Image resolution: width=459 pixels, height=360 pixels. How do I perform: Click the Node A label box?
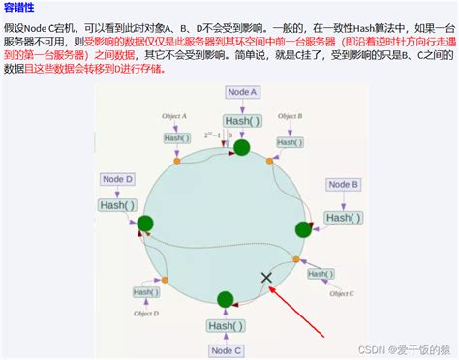243,91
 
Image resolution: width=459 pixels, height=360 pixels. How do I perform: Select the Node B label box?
344,184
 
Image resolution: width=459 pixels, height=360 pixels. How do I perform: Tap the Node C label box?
226,349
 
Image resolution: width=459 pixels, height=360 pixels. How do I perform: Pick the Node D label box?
116,179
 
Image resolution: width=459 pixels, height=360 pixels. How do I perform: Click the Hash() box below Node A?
243,120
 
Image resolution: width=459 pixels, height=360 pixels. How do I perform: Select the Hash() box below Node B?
344,217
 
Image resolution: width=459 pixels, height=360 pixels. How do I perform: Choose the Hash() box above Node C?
226,325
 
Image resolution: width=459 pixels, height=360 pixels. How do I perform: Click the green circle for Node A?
242,148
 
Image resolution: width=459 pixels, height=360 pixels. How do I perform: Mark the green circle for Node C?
226,299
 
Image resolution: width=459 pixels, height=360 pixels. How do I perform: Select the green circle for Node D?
145,225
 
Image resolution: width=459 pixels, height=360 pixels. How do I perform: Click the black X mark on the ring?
266,278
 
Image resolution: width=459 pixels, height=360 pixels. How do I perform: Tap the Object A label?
174,117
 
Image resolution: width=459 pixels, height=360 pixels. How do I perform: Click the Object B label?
291,116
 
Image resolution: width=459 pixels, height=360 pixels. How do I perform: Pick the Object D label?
147,313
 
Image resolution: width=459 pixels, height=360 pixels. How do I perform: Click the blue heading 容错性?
22,8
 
